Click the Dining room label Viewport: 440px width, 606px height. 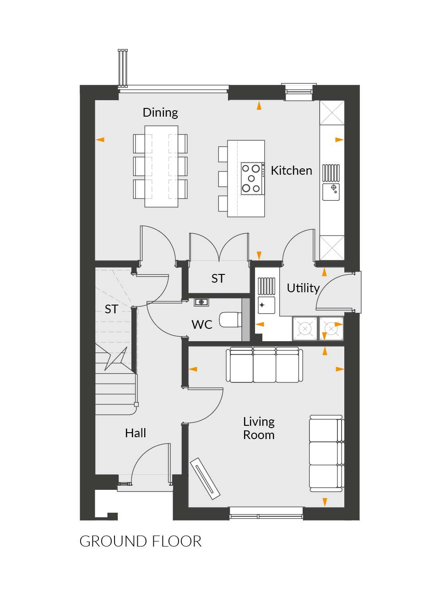(x=160, y=113)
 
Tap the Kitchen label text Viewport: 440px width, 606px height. (x=291, y=171)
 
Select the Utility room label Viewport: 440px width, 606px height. (x=303, y=288)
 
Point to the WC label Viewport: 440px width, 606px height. (x=202, y=325)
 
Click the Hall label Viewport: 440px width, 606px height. (x=136, y=433)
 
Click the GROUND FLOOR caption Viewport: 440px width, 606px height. (x=140, y=542)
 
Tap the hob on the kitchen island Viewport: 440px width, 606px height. (x=253, y=178)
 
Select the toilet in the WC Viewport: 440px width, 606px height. (x=230, y=320)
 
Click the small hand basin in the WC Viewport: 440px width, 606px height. (x=201, y=302)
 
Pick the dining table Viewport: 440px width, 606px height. (x=161, y=166)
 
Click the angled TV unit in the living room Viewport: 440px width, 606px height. (x=205, y=478)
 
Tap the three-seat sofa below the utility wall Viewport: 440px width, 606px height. (x=264, y=365)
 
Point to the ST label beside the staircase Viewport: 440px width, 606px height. (x=111, y=309)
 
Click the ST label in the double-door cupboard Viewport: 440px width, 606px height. (x=218, y=279)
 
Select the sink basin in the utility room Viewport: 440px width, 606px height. (x=266, y=305)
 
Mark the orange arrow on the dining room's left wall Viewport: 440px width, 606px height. (x=100, y=139)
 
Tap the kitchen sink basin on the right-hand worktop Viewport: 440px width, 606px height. (x=331, y=192)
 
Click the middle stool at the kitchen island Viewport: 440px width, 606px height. (x=223, y=179)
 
